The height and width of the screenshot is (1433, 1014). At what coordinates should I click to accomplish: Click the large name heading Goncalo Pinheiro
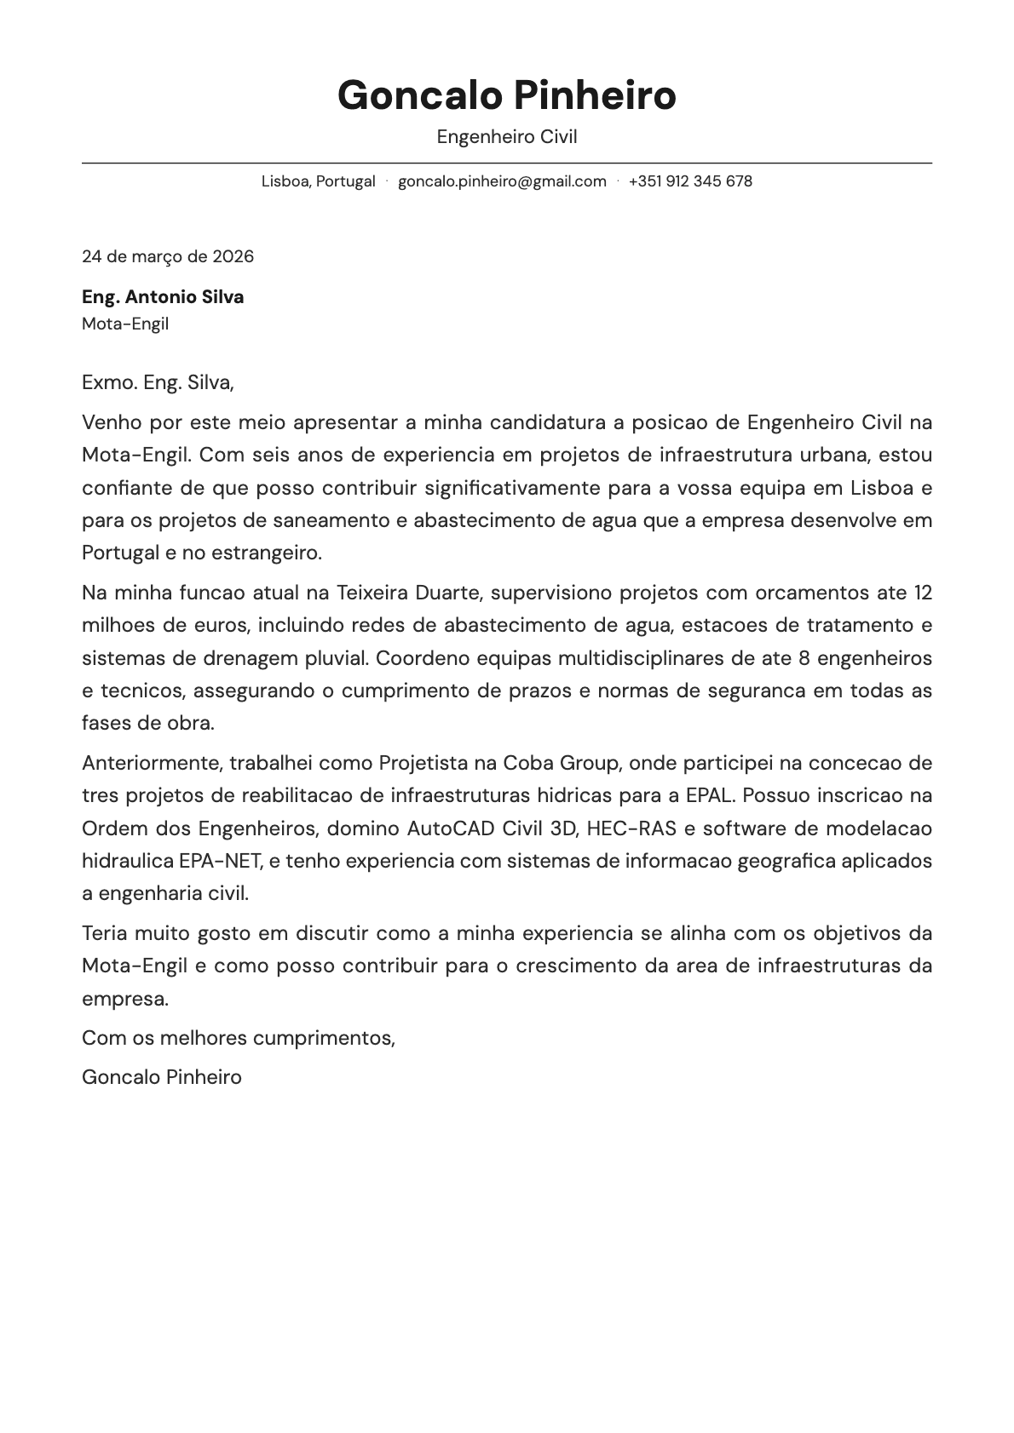coord(506,95)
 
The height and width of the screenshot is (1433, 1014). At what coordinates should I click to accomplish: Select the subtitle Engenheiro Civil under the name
coord(506,137)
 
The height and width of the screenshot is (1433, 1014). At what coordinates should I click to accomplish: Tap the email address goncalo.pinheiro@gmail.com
coord(502,181)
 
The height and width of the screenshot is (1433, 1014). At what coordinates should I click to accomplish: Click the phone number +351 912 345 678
coord(690,181)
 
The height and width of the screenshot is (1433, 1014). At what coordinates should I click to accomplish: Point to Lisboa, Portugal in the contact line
coord(318,181)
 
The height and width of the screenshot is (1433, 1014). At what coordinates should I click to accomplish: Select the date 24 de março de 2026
coord(168,256)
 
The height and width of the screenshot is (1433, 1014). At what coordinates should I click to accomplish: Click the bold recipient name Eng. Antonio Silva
coord(163,297)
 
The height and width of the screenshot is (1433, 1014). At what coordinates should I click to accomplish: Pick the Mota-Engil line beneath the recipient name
coord(125,324)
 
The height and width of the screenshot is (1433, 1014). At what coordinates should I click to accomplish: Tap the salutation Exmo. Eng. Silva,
coord(158,382)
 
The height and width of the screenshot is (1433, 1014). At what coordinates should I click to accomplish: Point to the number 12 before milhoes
coord(922,593)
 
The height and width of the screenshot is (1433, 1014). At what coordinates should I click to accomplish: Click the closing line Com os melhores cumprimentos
coord(239,1038)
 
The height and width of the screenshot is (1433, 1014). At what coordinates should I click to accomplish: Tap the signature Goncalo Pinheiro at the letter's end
coord(162,1077)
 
